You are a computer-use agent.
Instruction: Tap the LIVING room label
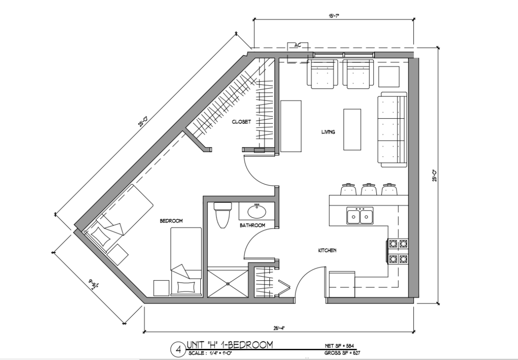(x=328, y=132)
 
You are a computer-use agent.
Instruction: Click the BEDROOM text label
(x=172, y=220)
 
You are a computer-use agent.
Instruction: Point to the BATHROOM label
(x=252, y=225)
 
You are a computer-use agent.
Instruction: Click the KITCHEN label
(x=326, y=251)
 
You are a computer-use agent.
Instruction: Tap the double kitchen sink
(x=360, y=216)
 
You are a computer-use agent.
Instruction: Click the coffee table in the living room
(x=352, y=129)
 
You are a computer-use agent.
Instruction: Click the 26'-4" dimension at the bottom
(x=279, y=328)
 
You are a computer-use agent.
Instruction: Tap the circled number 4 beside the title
(x=178, y=348)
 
